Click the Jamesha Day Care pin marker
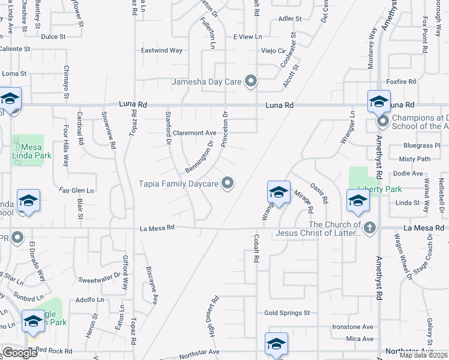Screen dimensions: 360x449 [x=252, y=82]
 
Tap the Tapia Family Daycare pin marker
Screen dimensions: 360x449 [x=228, y=183]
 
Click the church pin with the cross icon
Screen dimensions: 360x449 [x=370, y=228]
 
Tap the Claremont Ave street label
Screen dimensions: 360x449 [x=194, y=133]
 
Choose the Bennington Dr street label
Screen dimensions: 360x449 [x=199, y=157]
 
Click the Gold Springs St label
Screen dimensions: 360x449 [x=287, y=313]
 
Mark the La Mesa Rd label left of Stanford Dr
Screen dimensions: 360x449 [x=157, y=227]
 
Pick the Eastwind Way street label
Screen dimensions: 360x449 [x=161, y=50]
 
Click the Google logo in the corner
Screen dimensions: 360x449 [x=20, y=353]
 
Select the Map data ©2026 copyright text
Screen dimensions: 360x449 [x=423, y=355]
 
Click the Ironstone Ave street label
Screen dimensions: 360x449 [x=352, y=327]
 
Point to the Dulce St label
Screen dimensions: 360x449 [x=53, y=37]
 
